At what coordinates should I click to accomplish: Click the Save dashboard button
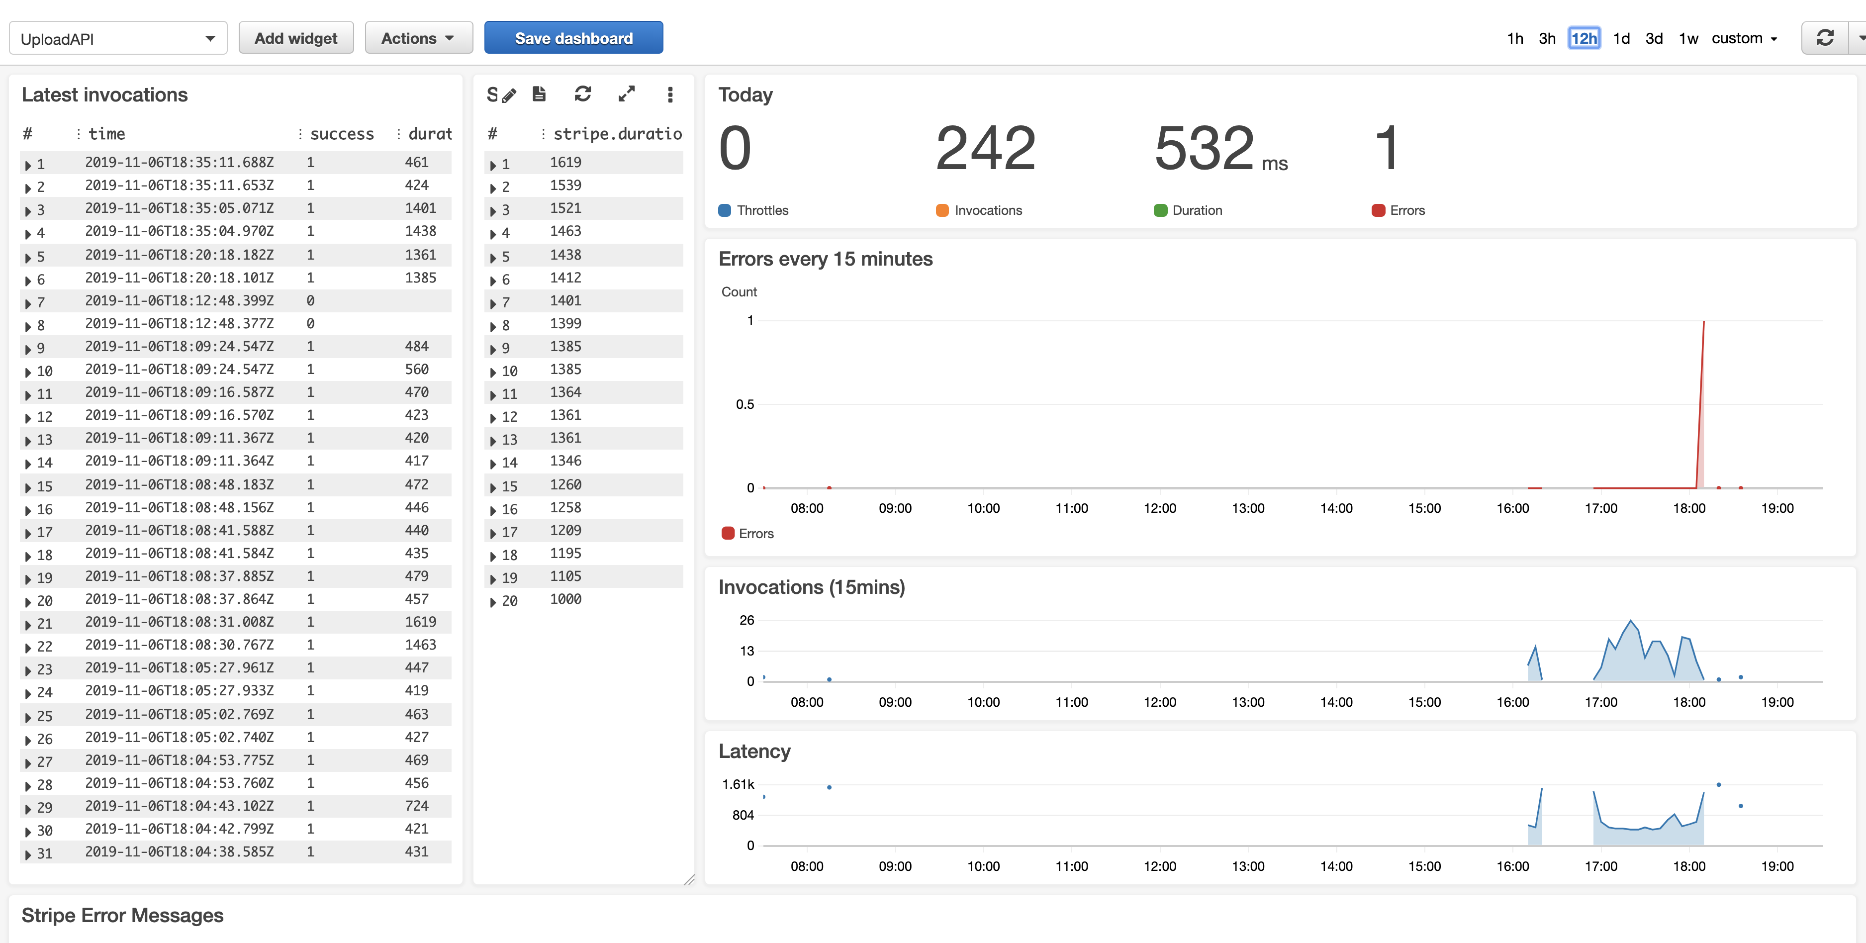tap(573, 38)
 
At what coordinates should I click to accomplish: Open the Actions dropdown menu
tap(418, 38)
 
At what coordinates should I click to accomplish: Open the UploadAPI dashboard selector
tap(118, 38)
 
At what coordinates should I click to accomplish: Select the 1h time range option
tap(1515, 38)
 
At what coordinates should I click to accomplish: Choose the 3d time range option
tap(1654, 38)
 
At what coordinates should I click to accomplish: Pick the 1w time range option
tap(1688, 38)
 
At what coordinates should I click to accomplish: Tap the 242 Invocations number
tap(985, 149)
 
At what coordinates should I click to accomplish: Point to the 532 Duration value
tap(1204, 149)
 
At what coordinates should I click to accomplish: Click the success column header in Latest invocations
tap(342, 134)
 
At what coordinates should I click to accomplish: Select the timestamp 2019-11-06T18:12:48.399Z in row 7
tap(179, 300)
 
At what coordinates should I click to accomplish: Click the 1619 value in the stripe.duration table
tap(565, 162)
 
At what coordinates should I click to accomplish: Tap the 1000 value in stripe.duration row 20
tap(565, 599)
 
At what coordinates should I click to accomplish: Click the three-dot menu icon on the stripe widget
tap(670, 94)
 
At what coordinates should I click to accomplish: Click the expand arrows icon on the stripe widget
tap(627, 94)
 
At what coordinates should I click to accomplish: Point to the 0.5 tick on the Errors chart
tap(745, 404)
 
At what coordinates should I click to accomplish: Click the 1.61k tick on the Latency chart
tap(738, 784)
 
